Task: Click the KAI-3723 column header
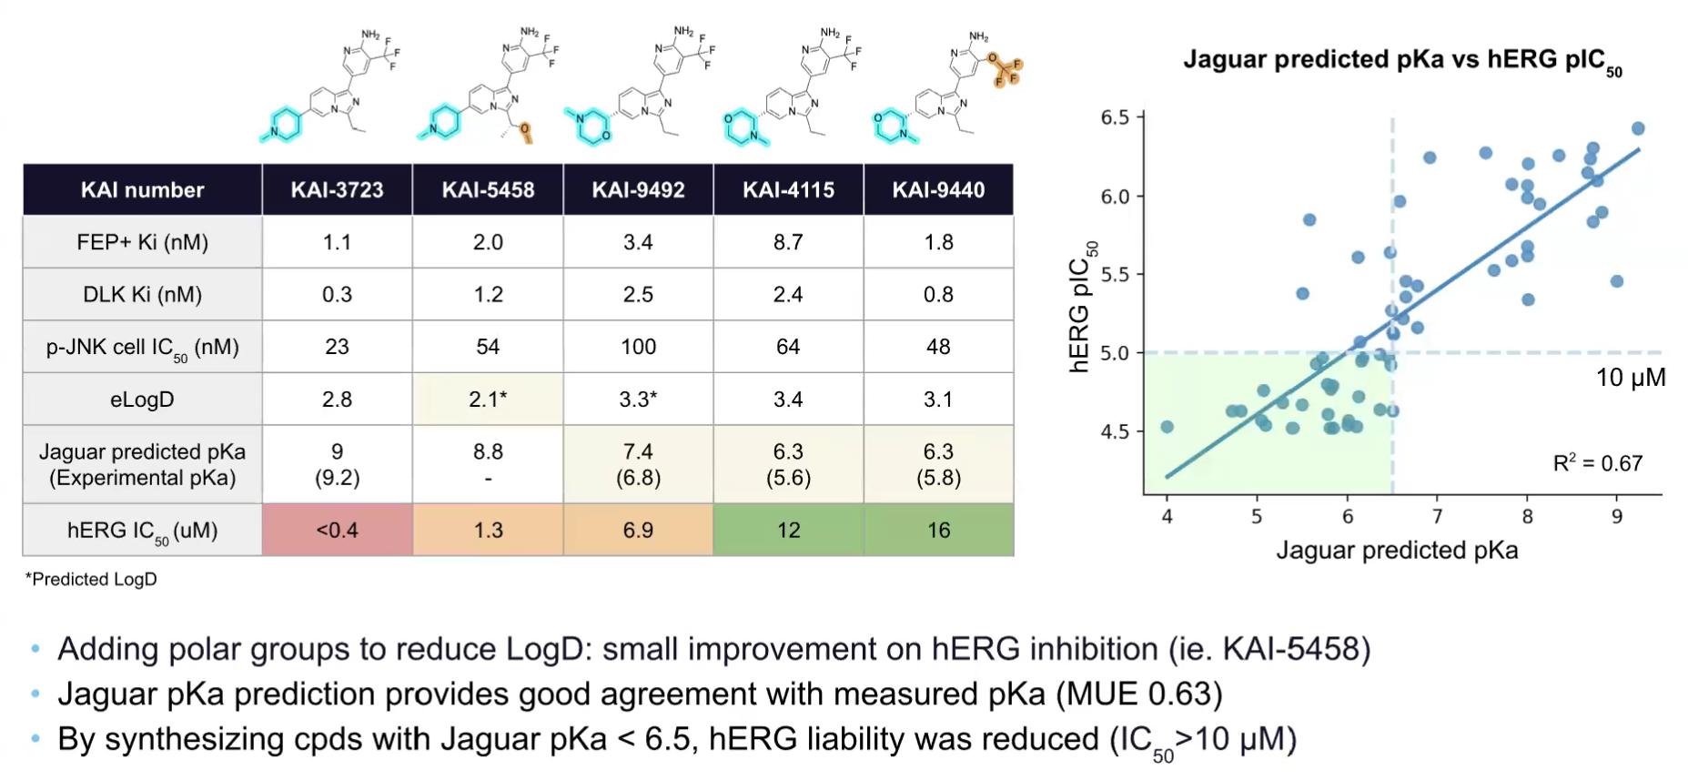(337, 190)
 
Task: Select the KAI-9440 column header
(938, 190)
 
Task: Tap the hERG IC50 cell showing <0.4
(337, 530)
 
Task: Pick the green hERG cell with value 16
(938, 530)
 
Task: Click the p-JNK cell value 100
(638, 347)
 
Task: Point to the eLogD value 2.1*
(488, 400)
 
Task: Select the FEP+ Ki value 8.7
(788, 242)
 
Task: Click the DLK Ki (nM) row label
(142, 295)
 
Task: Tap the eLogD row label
(142, 400)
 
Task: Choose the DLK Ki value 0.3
(337, 295)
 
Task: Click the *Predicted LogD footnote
(91, 579)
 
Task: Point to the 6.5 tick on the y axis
(1115, 117)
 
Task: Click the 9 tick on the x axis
(1617, 516)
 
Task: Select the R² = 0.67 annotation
(1597, 463)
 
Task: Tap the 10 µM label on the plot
(1630, 378)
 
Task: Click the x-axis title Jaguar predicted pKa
(1397, 550)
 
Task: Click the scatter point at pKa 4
(1167, 427)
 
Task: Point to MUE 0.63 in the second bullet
(1139, 694)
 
